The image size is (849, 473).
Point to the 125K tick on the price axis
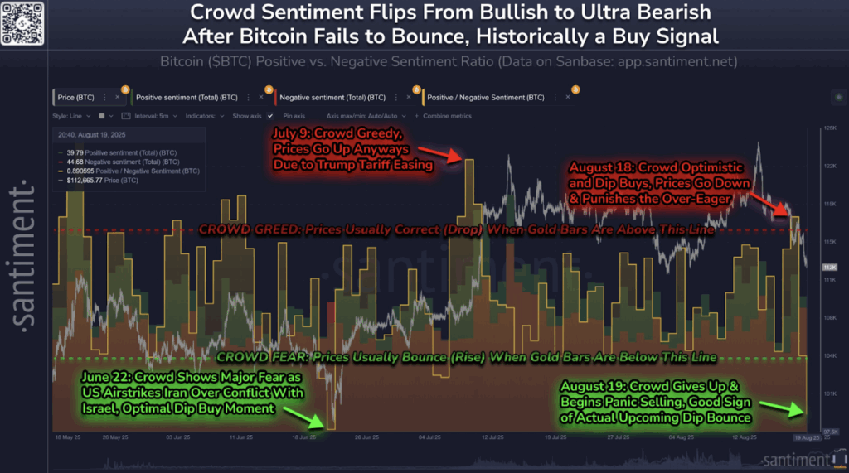(828, 129)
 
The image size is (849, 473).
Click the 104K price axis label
(828, 355)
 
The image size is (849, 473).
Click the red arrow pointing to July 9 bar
(439, 155)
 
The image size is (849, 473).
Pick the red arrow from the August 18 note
(770, 204)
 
